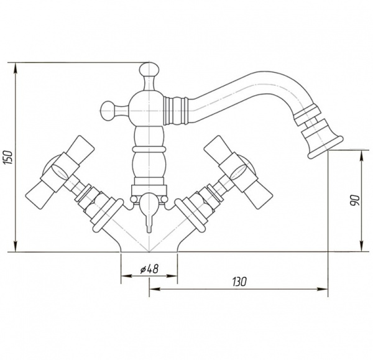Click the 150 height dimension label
[x=8, y=157]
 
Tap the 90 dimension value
[x=354, y=200]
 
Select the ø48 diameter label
[x=149, y=269]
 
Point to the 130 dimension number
[x=239, y=282]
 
